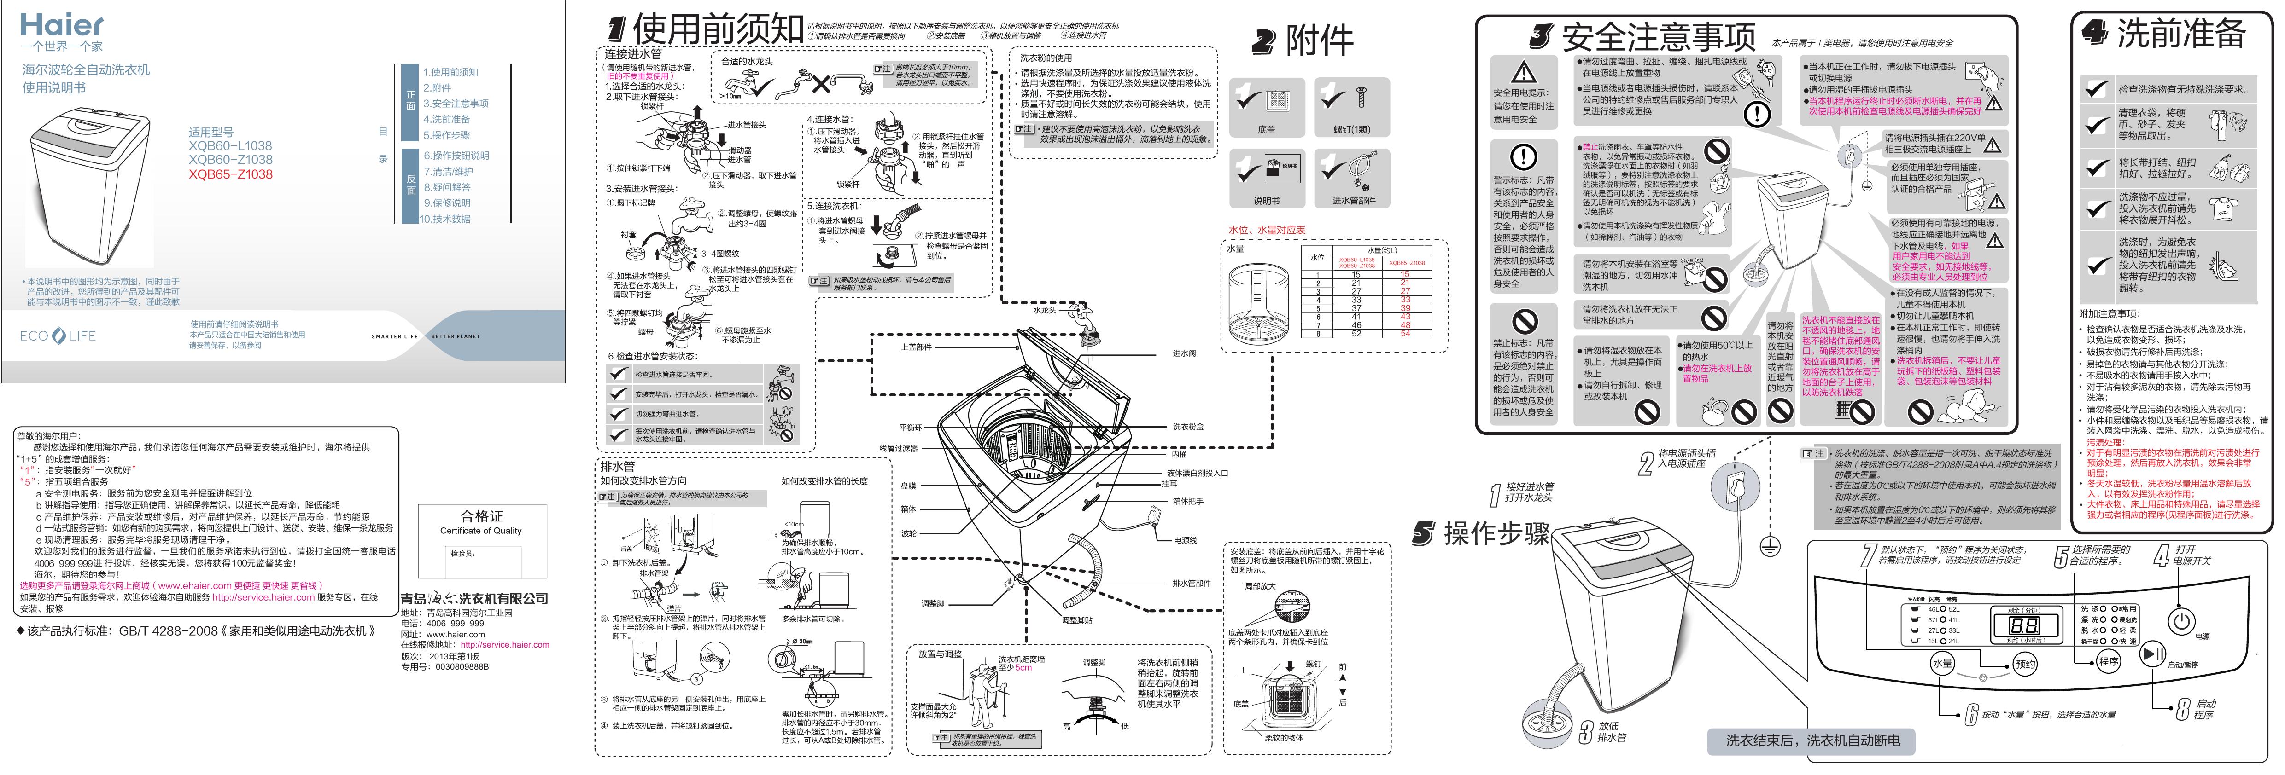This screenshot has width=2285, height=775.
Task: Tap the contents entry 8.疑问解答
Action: tap(446, 187)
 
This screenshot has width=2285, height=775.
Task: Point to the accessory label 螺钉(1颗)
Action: tap(1351, 129)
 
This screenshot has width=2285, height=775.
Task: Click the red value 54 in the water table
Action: tap(1405, 333)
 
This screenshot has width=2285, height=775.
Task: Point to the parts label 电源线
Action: tap(1185, 540)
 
